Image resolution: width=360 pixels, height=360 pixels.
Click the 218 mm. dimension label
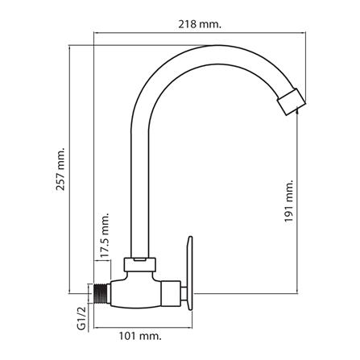(x=200, y=25)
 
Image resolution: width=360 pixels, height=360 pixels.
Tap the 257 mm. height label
(x=60, y=168)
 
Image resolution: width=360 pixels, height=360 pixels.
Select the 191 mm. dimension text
(x=289, y=201)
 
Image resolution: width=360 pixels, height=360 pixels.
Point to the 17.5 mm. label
(x=106, y=236)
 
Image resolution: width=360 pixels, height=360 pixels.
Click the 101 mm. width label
(x=141, y=336)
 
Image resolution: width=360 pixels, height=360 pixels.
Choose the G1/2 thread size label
(x=81, y=318)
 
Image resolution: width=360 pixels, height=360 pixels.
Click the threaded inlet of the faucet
(x=101, y=294)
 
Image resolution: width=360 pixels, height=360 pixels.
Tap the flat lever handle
(x=190, y=273)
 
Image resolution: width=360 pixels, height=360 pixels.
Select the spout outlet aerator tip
(x=291, y=102)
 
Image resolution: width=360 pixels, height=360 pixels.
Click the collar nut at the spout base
(x=140, y=264)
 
